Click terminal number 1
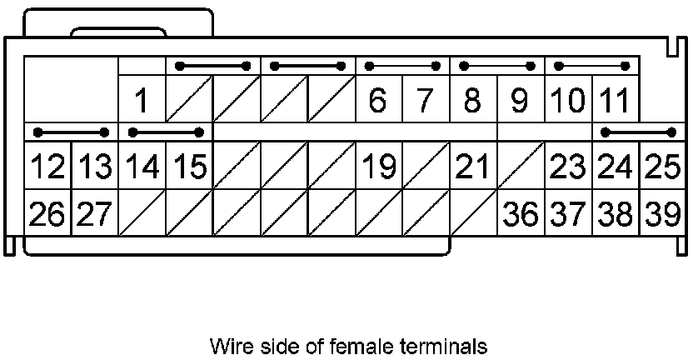pyautogui.click(x=142, y=101)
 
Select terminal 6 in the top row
pyautogui.click(x=378, y=101)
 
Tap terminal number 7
pyautogui.click(x=425, y=101)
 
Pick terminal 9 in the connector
pyautogui.click(x=520, y=101)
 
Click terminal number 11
pyautogui.click(x=615, y=101)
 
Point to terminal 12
pyautogui.click(x=47, y=167)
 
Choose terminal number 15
pyautogui.click(x=189, y=167)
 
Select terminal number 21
pyautogui.click(x=472, y=167)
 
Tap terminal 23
pyautogui.click(x=568, y=167)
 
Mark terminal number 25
pyautogui.click(x=663, y=167)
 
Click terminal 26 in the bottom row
pyautogui.click(x=47, y=214)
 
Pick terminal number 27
pyautogui.click(x=94, y=214)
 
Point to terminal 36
pyautogui.click(x=521, y=214)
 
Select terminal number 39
pyautogui.click(x=663, y=214)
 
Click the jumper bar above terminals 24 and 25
pyautogui.click(x=639, y=132)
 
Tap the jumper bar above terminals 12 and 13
pyautogui.click(x=71, y=132)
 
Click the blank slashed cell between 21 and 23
pyautogui.click(x=521, y=167)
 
